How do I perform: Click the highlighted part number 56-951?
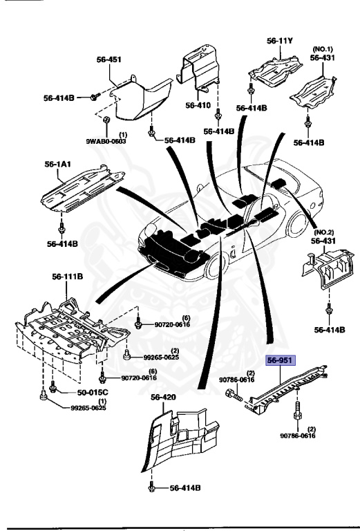tap(282, 360)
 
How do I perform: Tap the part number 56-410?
tap(198, 106)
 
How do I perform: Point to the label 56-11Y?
tap(280, 41)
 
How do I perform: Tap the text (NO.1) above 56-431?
tap(323, 49)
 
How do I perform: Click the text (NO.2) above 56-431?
tap(323, 232)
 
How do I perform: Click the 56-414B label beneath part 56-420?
tap(184, 488)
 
